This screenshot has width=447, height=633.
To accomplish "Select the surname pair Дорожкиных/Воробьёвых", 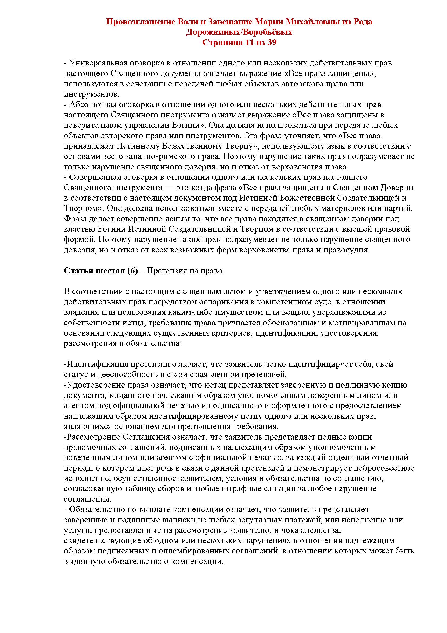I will (x=239, y=32).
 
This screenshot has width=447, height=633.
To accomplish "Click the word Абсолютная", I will (x=92, y=105).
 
